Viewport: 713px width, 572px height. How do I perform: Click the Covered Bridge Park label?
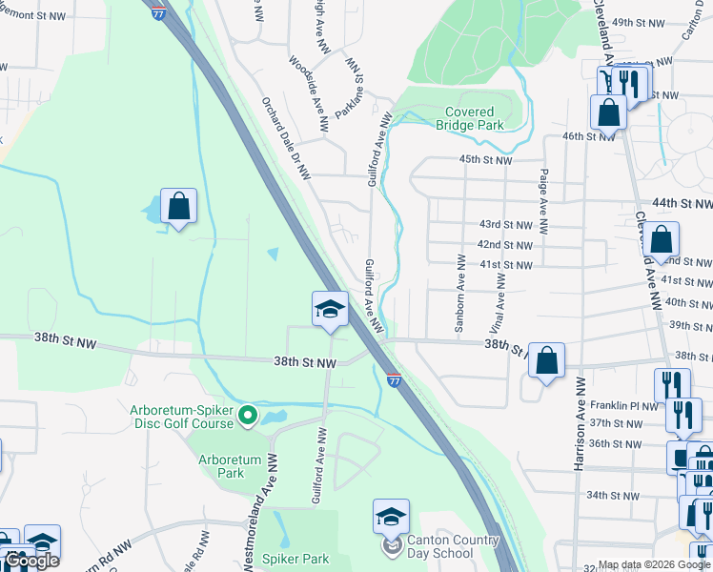coord(470,118)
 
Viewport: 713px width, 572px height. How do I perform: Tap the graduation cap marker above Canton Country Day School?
coord(391,516)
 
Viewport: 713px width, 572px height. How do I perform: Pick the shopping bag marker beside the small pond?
coord(178,206)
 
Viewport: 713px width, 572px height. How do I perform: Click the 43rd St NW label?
coord(504,224)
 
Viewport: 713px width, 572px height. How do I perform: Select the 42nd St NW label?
coord(504,244)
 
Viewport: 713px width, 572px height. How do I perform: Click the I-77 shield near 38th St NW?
coord(394,380)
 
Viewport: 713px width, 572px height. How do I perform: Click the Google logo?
coord(31,561)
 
